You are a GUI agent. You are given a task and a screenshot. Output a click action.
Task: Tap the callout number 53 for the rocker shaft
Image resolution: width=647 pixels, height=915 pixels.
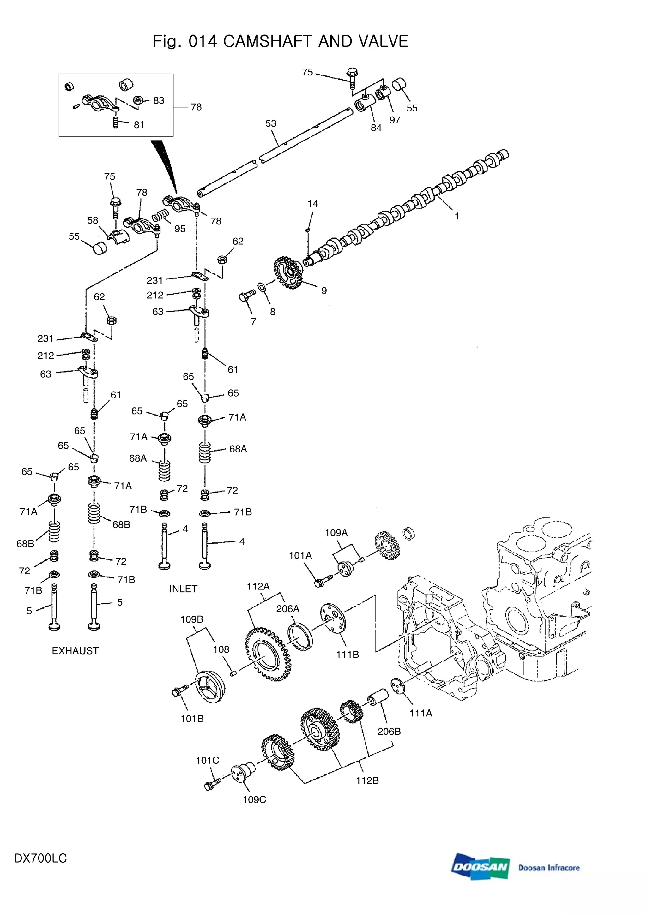click(x=271, y=123)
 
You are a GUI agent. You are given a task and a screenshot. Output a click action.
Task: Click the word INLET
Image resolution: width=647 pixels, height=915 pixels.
click(x=183, y=589)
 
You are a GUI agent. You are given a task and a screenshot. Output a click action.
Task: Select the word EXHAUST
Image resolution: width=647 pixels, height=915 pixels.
click(x=75, y=651)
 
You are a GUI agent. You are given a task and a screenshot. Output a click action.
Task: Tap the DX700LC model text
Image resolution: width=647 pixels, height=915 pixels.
click(x=40, y=858)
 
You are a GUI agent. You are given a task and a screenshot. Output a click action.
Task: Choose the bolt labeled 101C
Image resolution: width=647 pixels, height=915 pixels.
click(x=210, y=786)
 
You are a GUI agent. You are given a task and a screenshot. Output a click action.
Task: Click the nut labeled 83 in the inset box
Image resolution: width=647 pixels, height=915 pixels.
click(x=138, y=101)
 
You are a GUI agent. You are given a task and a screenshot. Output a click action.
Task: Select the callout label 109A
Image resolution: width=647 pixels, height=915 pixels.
click(x=336, y=533)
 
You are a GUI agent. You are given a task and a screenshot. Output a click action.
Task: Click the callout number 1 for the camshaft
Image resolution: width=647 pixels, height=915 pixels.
click(x=457, y=216)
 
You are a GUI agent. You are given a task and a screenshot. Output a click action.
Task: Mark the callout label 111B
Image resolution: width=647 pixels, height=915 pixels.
click(x=347, y=655)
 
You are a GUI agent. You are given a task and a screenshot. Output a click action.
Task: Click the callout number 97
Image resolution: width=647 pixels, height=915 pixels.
click(x=395, y=120)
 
